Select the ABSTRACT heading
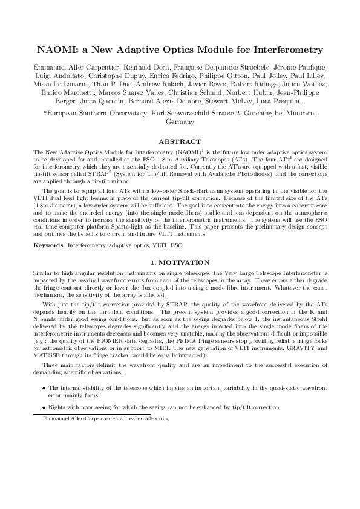click(x=179, y=141)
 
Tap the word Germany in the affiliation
click(x=180, y=122)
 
